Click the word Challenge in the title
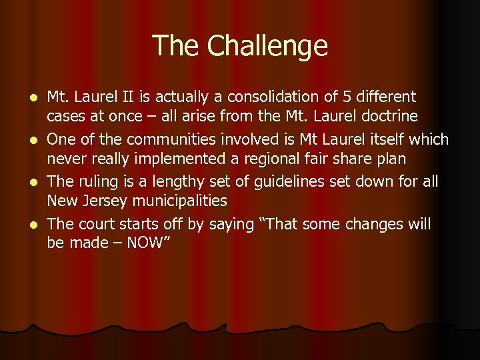[x=267, y=46]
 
